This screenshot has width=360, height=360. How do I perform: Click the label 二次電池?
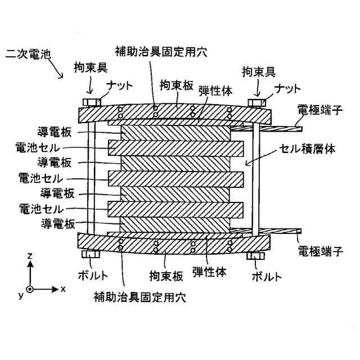(x=27, y=54)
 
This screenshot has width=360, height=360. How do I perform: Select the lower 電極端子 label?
(x=319, y=251)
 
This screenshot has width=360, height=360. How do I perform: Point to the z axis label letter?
(x=30, y=255)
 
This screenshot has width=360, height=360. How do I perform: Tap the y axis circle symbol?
(x=29, y=290)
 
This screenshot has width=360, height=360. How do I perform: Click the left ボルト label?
(x=93, y=276)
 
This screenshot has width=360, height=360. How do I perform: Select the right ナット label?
(x=287, y=88)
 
